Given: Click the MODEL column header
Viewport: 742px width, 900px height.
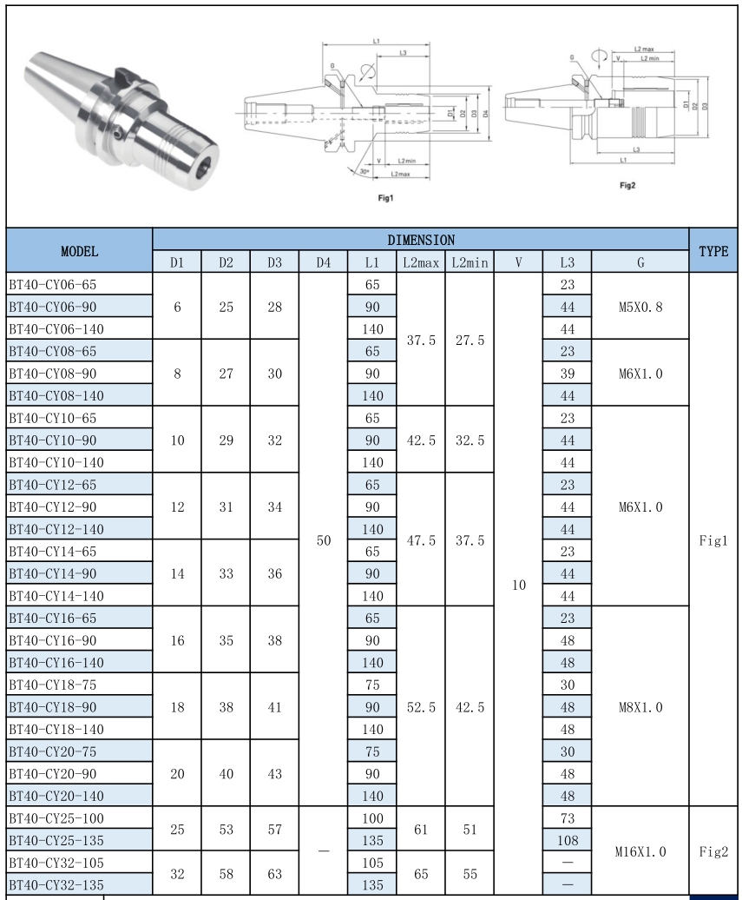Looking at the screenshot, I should tap(79, 250).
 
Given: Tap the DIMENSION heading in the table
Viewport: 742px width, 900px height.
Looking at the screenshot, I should tap(421, 239).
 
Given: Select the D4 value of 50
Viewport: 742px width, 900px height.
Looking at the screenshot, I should tap(322, 539).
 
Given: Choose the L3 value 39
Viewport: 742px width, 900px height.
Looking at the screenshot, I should tap(567, 373).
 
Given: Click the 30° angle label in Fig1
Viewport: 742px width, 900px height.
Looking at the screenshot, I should tap(365, 171).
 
